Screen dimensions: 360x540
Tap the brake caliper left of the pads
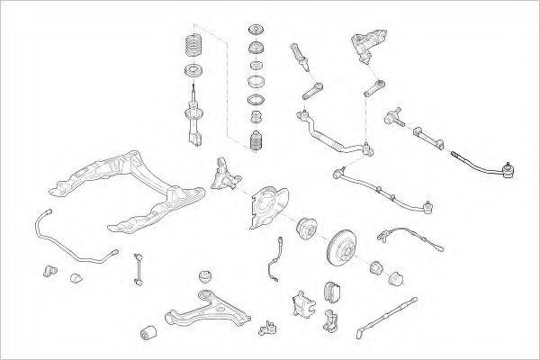point(301,301)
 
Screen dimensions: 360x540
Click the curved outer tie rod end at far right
point(490,166)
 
